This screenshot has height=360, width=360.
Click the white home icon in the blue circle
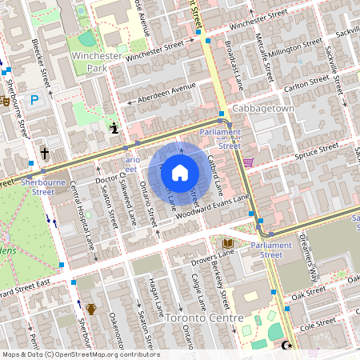tap(180, 172)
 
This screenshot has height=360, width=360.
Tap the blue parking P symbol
tap(34, 100)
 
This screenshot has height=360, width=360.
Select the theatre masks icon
tap(5, 102)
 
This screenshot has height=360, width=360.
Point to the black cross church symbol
tap(45, 152)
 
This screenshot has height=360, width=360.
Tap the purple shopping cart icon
tap(248, 162)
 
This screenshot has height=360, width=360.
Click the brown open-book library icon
tap(228, 242)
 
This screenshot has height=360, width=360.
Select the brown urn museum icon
tap(91, 309)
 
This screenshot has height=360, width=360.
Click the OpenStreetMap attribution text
tap(80, 354)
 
